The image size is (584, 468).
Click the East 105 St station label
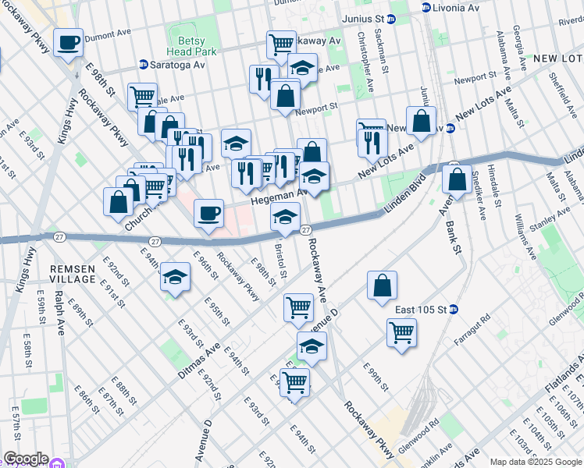tap(420, 310)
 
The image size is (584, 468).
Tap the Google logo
tap(25, 459)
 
